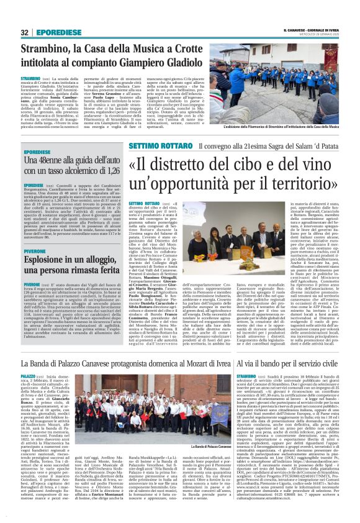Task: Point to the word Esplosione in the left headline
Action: pos(46,266)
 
